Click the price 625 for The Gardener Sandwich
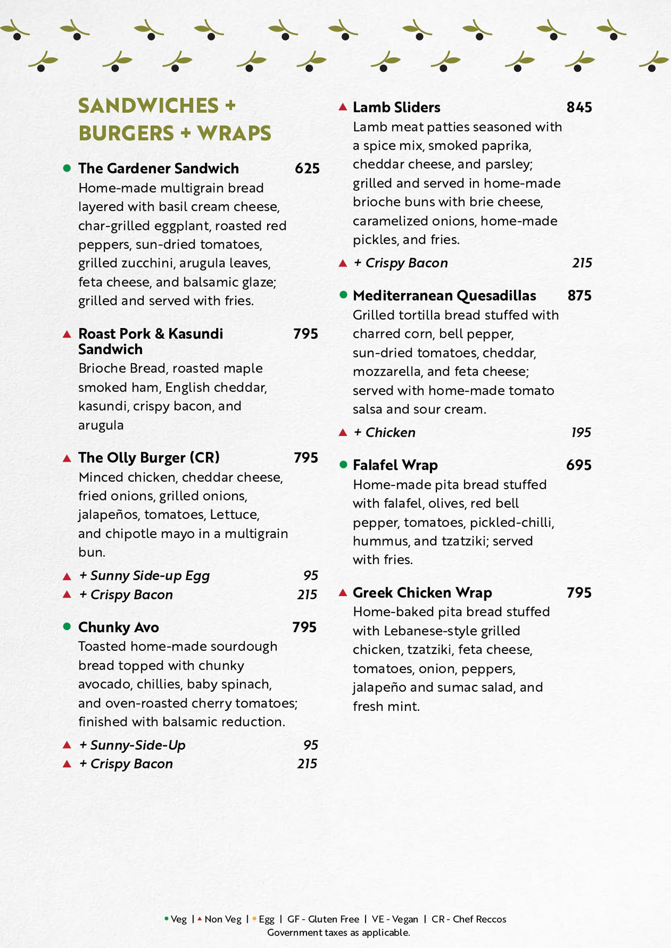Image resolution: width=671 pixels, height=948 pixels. pos(307,169)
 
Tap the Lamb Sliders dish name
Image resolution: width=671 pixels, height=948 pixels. pos(396,108)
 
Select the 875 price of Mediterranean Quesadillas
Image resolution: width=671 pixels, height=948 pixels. pos(579,296)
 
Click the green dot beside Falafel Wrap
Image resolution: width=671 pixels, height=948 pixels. pos(343,465)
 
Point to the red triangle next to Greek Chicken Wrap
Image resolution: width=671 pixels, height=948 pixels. pos(343,592)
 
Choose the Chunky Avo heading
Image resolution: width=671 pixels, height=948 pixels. pos(118,627)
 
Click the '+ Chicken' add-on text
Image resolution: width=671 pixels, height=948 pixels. pos(384,432)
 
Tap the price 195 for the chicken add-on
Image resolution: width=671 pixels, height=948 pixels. pos(581,432)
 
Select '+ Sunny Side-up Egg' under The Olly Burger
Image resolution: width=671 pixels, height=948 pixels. pos(144,576)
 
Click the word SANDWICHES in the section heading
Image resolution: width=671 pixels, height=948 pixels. pos(148,106)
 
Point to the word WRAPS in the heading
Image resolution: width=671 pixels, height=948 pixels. pos(234,133)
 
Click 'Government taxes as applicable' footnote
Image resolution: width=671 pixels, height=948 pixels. pos(338,932)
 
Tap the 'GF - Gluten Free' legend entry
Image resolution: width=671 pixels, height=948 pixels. pos(323,919)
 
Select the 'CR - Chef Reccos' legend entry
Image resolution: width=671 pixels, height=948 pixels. pos(469,919)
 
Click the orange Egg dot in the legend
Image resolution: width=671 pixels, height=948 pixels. pos(254,919)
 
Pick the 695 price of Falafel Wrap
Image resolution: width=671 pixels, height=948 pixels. pos(579,465)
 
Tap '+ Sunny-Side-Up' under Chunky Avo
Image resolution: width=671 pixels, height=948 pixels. pos(132,745)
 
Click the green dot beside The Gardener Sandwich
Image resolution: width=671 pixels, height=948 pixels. pos(67,168)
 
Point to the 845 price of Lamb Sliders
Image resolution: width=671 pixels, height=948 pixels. pos(579,108)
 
